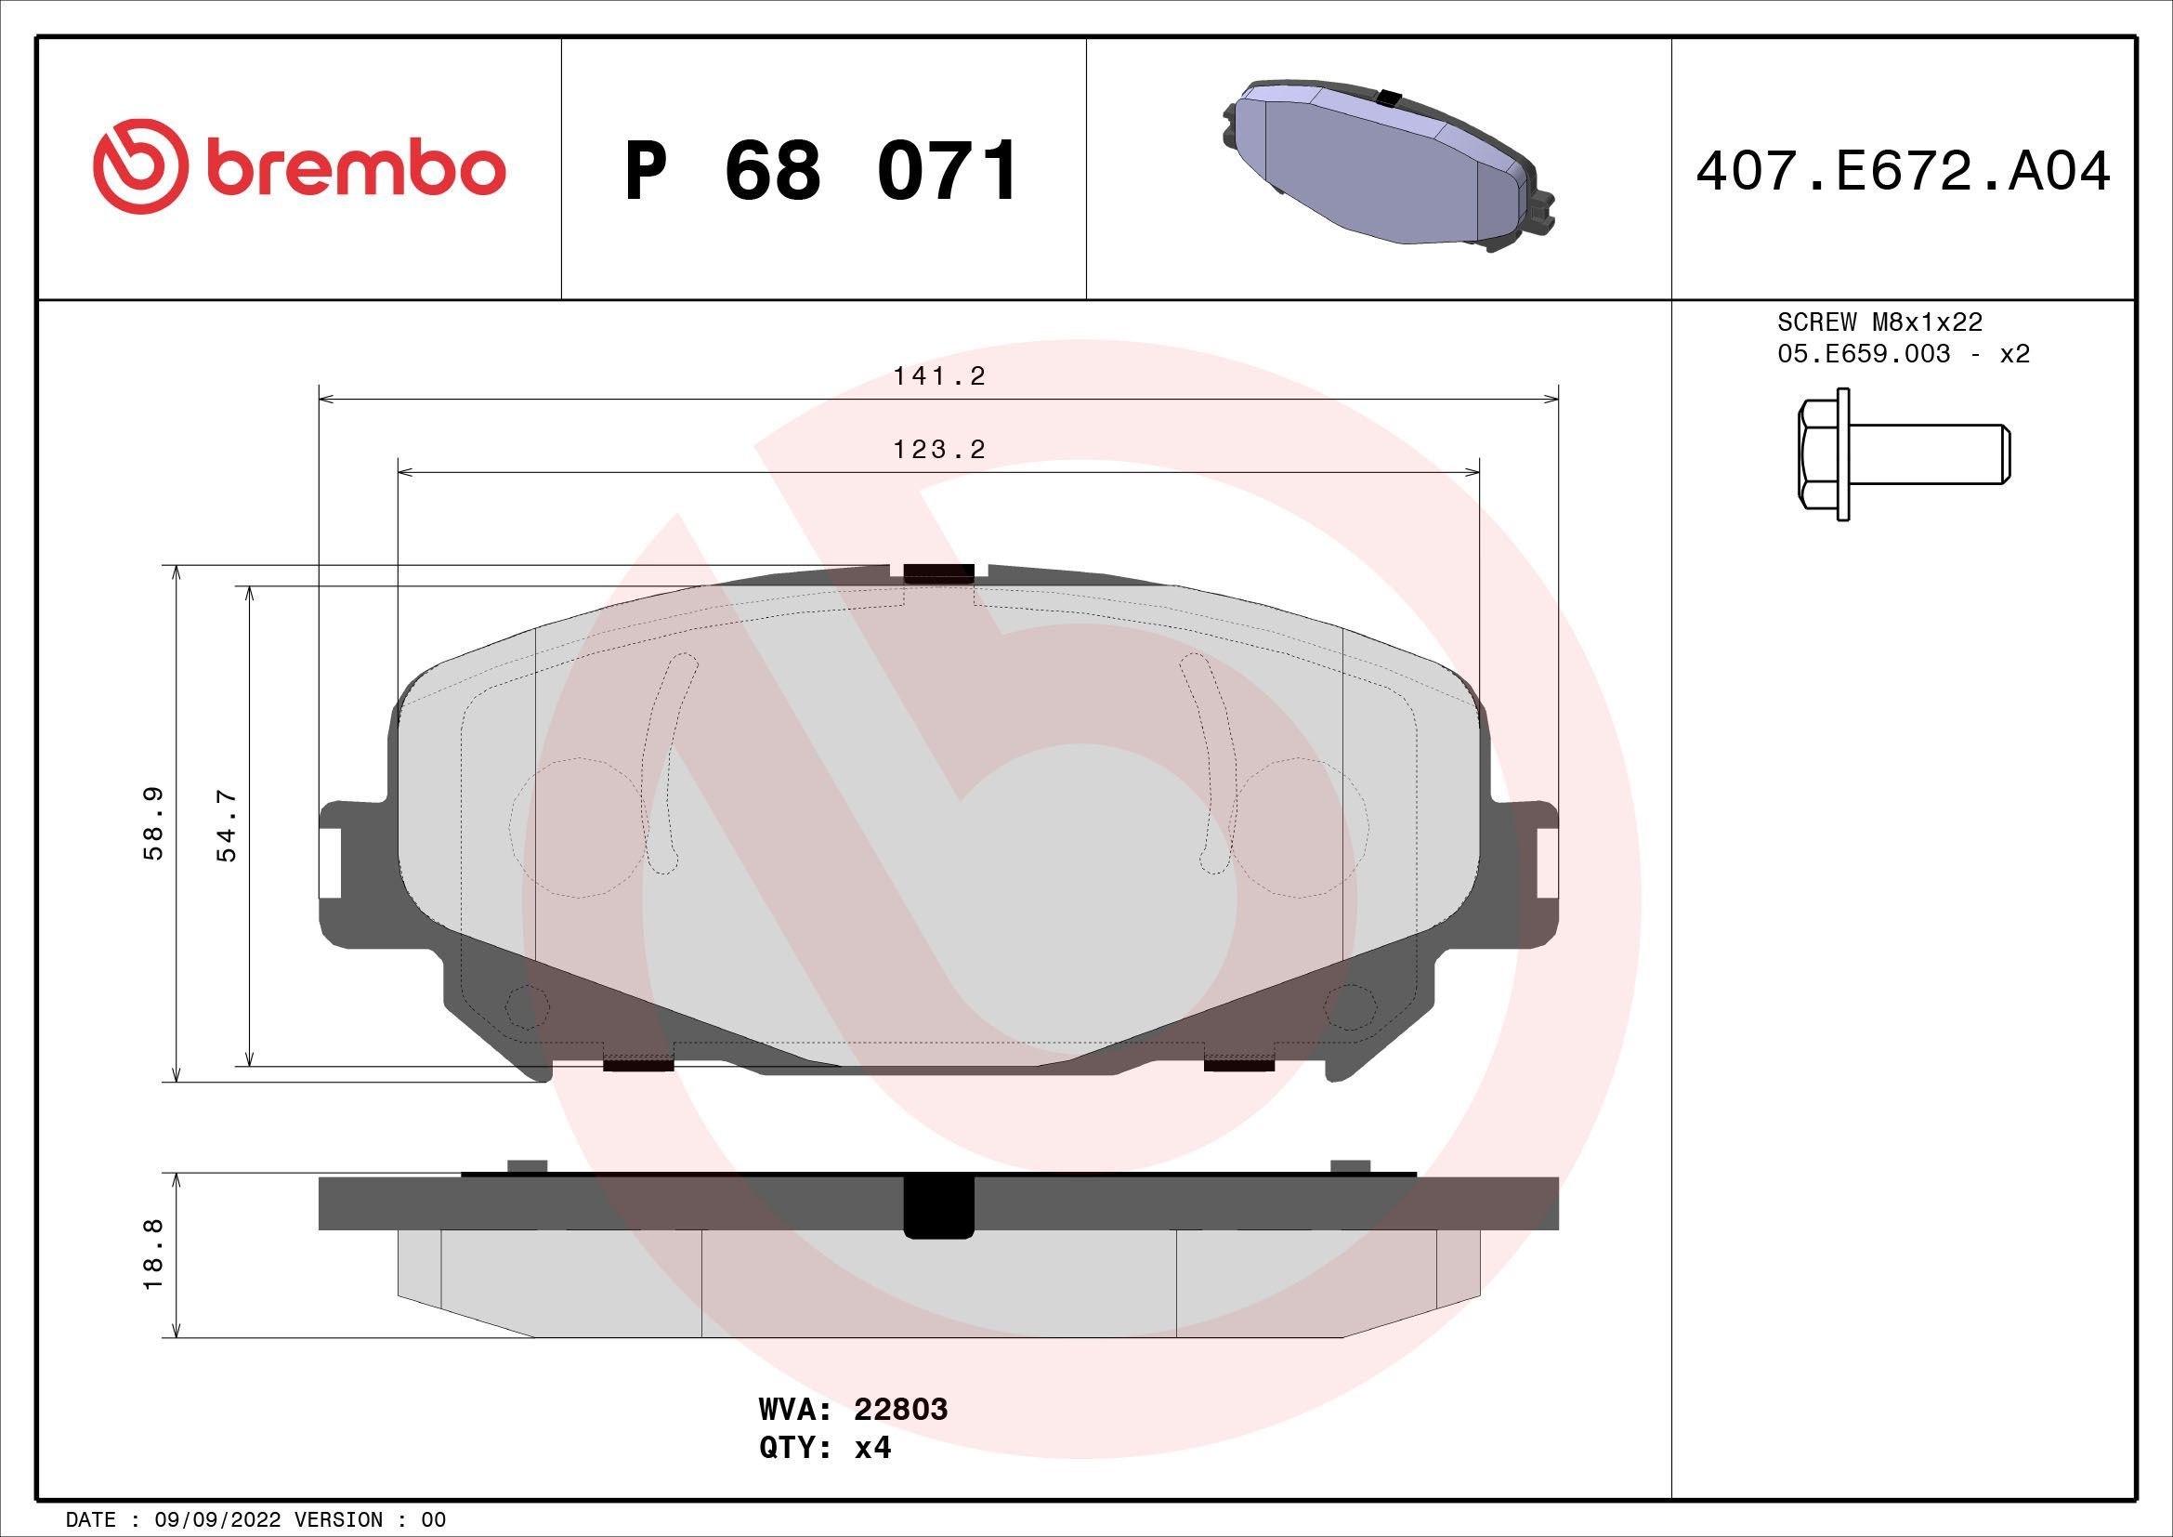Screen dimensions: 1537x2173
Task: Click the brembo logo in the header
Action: tap(299, 166)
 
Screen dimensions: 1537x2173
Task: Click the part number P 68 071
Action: tap(821, 171)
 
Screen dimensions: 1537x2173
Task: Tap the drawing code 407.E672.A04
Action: tap(1903, 172)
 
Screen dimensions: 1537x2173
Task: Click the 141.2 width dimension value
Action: tap(939, 376)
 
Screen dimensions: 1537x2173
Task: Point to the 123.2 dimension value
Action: tap(939, 449)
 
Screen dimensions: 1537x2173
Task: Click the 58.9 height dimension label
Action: tap(154, 822)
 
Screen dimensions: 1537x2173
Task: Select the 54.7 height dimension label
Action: tap(227, 824)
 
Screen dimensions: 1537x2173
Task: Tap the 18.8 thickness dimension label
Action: tap(154, 1254)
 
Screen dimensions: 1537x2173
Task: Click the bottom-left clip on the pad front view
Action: tap(638, 1065)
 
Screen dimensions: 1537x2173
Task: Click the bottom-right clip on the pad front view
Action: tap(1239, 1065)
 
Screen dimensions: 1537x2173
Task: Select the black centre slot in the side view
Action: tap(939, 1206)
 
